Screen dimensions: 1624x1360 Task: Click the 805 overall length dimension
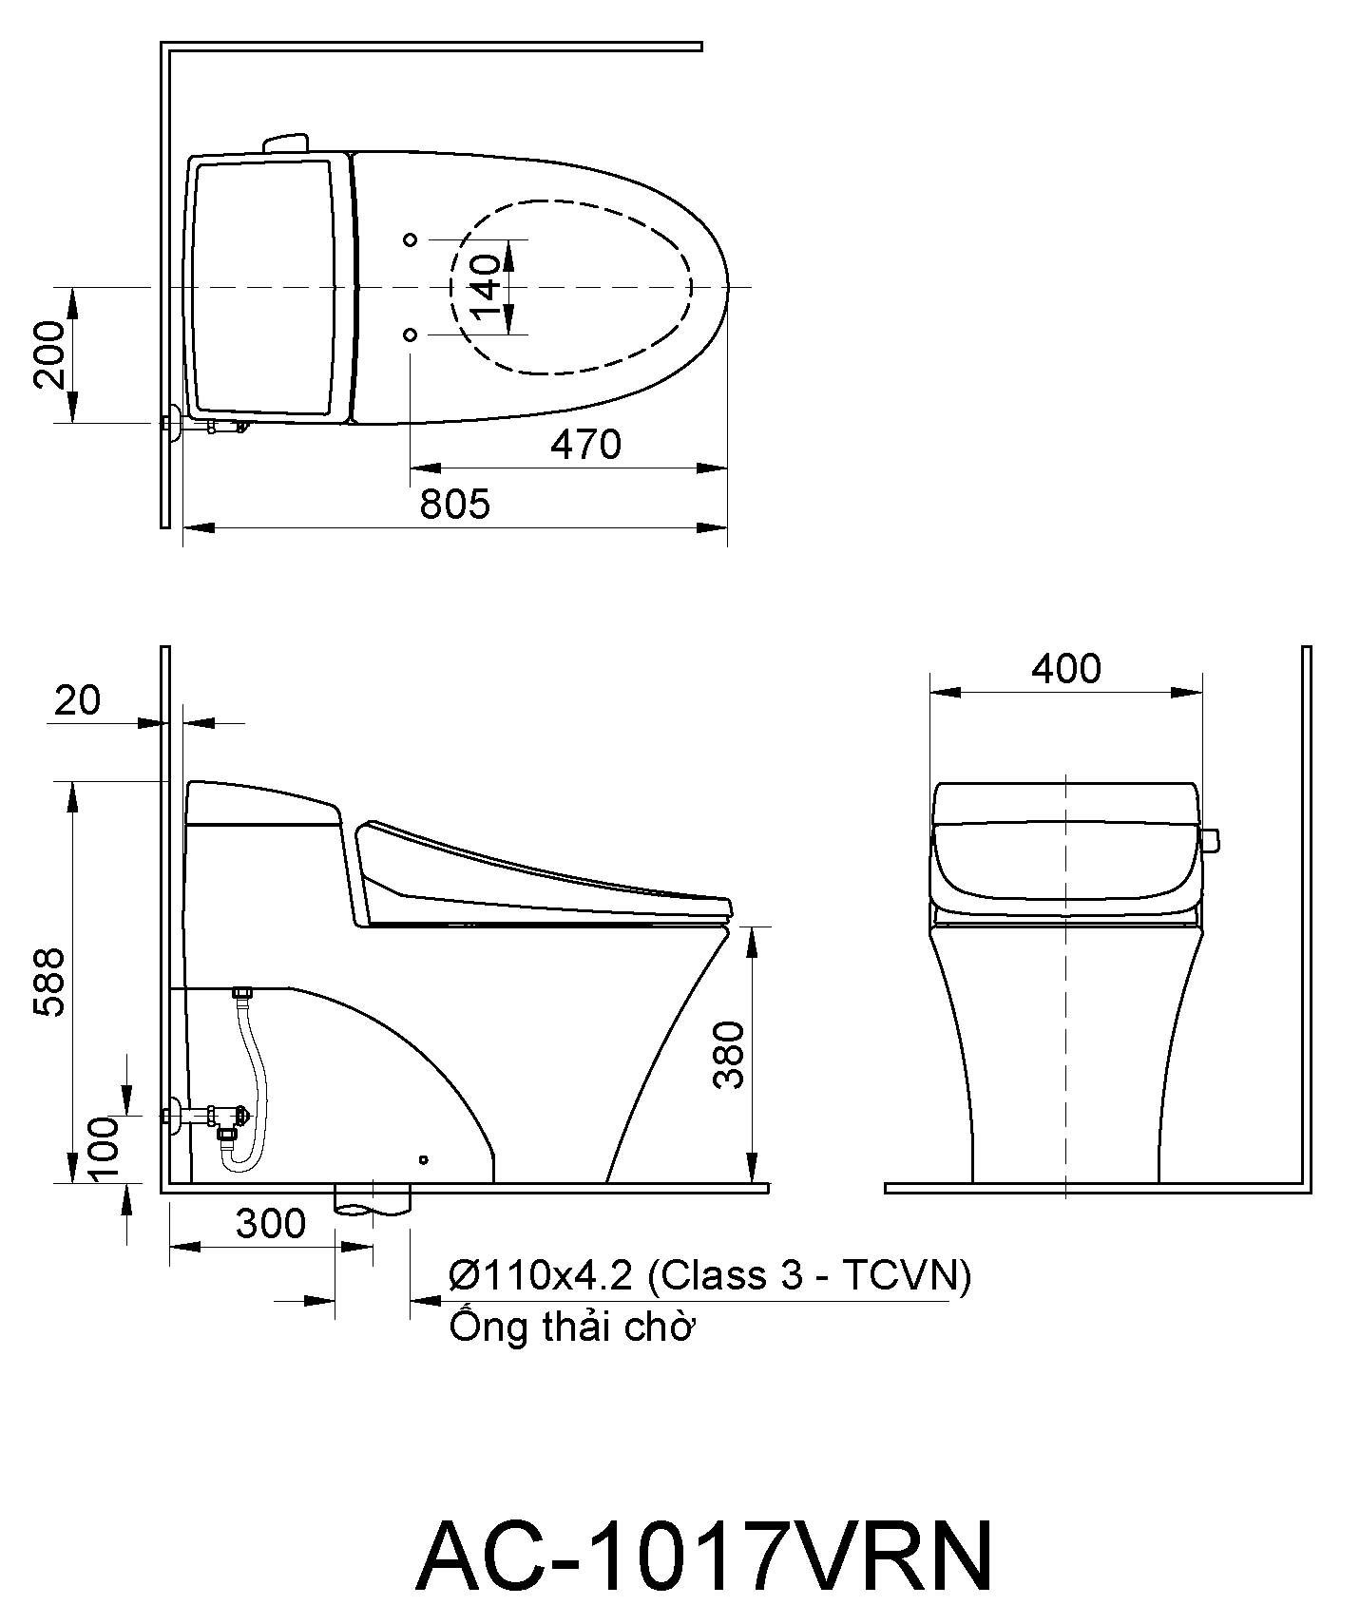(455, 504)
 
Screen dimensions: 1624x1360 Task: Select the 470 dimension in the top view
(585, 445)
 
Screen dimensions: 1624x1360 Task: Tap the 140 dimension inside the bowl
(484, 287)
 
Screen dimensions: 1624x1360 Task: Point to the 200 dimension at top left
(50, 354)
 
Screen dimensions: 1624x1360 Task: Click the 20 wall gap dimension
(77, 700)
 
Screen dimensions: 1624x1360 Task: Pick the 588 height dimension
(50, 982)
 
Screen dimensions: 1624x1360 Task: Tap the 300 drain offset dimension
(271, 1224)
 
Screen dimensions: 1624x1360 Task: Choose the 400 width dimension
(1066, 669)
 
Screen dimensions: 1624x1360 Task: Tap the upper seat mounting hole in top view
(411, 239)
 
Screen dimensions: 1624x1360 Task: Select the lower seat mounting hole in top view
(411, 334)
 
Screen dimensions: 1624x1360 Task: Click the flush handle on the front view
(1210, 840)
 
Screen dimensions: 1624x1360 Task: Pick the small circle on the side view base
(424, 1159)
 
